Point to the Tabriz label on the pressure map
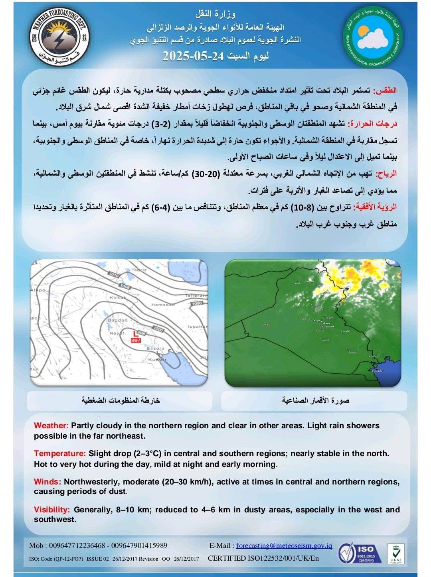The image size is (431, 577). (139, 270)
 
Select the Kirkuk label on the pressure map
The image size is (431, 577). (118, 297)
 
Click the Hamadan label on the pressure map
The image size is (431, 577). (163, 305)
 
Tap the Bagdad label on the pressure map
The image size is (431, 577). (117, 320)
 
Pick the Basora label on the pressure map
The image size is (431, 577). (155, 348)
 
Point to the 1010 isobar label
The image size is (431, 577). (114, 275)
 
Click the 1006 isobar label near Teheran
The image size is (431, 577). (197, 303)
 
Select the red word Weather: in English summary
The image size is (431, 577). (51, 425)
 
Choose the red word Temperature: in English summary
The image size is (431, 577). (60, 453)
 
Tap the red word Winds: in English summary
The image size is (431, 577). (47, 482)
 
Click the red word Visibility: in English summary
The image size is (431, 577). (52, 510)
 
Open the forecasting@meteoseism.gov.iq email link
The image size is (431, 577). (284, 545)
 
